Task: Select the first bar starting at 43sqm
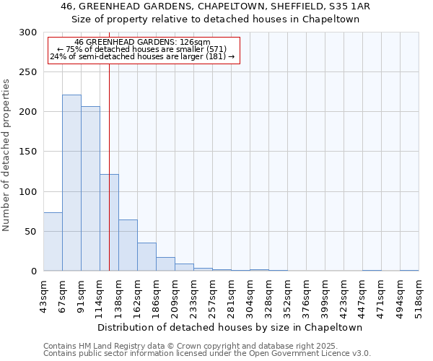(53, 242)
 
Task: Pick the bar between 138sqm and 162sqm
(128, 245)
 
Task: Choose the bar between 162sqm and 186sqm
(146, 257)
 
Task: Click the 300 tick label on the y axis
(28, 32)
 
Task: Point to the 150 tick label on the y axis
(28, 152)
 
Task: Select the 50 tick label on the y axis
(30, 232)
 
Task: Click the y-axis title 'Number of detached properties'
(6, 155)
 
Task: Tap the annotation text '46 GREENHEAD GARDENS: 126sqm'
(143, 43)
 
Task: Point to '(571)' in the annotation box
(216, 49)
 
